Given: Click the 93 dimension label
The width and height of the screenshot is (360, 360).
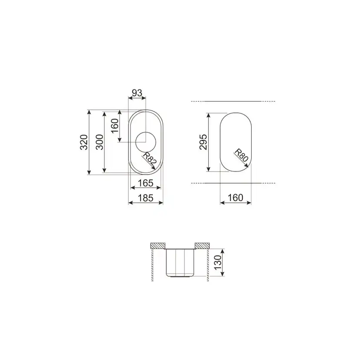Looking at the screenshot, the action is pyautogui.click(x=137, y=93).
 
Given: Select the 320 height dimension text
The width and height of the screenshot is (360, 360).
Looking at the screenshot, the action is pyautogui.click(x=84, y=142).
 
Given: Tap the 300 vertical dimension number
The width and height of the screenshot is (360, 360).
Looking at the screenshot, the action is pyautogui.click(x=100, y=142).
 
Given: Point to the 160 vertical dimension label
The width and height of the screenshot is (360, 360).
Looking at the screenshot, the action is pyautogui.click(x=115, y=126).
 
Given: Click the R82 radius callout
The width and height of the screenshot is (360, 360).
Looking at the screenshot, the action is pyautogui.click(x=150, y=159).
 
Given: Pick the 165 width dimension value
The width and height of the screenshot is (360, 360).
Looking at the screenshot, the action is pyautogui.click(x=146, y=183).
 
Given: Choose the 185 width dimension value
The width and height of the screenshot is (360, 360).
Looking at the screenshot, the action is pyautogui.click(x=146, y=198).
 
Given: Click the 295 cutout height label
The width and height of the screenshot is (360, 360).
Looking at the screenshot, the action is pyautogui.click(x=203, y=142).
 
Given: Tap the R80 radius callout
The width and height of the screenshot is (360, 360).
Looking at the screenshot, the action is pyautogui.click(x=241, y=155).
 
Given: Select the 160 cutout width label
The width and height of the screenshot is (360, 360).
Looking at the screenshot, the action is pyautogui.click(x=236, y=198).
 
